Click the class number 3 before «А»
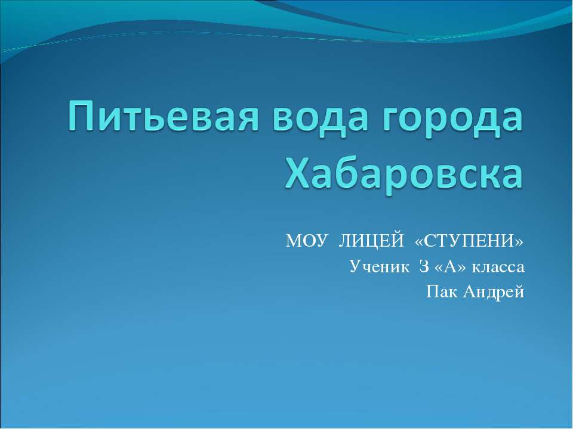point(424,266)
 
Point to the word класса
point(498,266)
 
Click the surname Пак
point(438,291)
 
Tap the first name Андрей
point(489,291)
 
